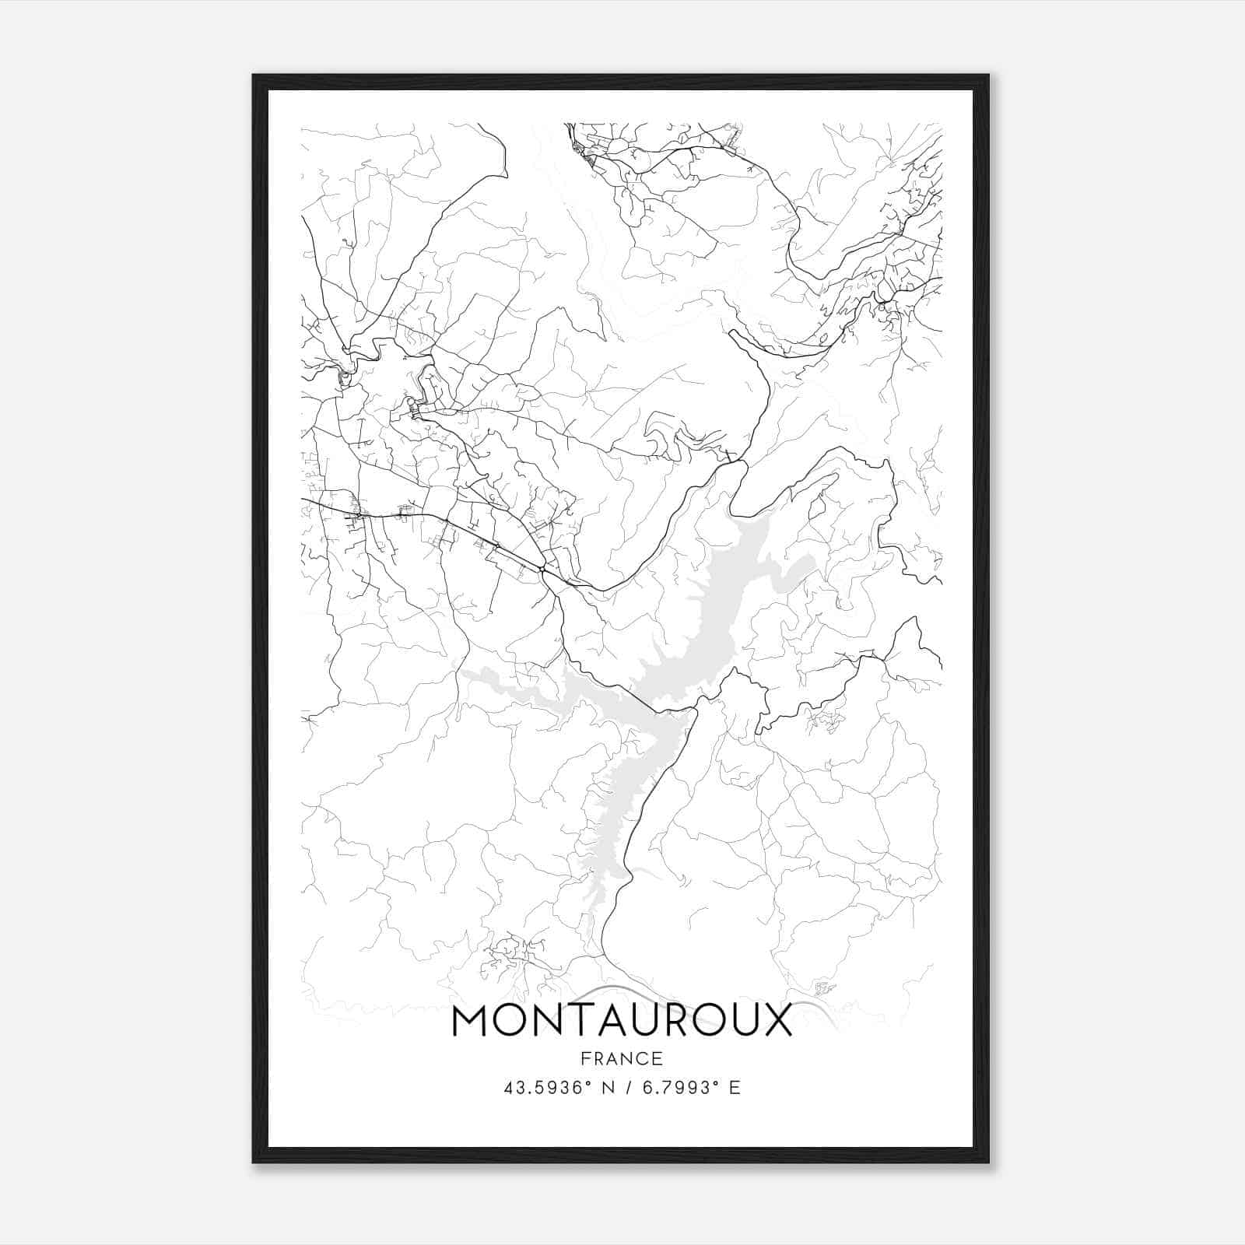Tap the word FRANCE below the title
[x=621, y=1058]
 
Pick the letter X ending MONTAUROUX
[x=773, y=1020]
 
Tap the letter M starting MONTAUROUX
[x=469, y=1020]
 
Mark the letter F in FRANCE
[x=585, y=1058]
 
